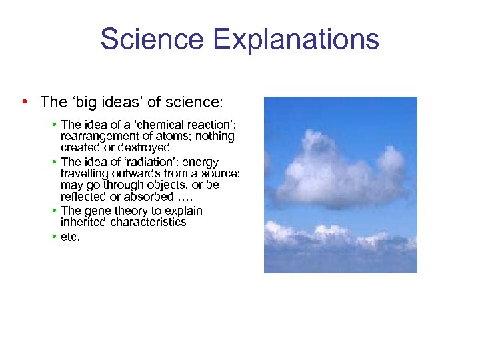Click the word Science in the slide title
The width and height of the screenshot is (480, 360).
coord(153,39)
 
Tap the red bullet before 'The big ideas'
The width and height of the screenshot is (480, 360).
coord(24,101)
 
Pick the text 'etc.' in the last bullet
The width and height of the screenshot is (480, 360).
coord(70,237)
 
